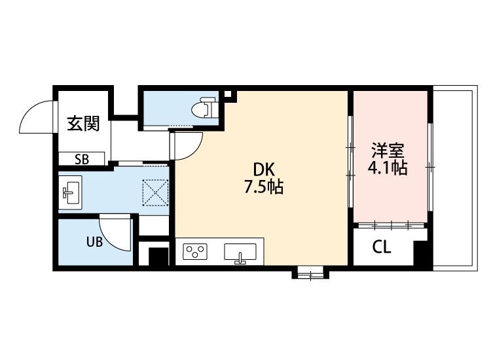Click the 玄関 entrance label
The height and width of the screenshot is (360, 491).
[x=83, y=123]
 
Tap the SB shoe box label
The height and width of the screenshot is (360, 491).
[x=82, y=158]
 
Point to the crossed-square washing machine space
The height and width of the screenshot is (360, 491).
[x=156, y=193]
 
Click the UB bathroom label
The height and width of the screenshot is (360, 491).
[x=94, y=242]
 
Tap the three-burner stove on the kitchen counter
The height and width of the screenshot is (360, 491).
[x=194, y=251]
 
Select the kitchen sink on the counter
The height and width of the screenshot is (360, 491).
[x=240, y=252]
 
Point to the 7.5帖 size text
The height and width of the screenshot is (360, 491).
[x=263, y=187]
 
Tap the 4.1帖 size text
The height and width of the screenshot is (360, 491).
[x=388, y=168]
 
